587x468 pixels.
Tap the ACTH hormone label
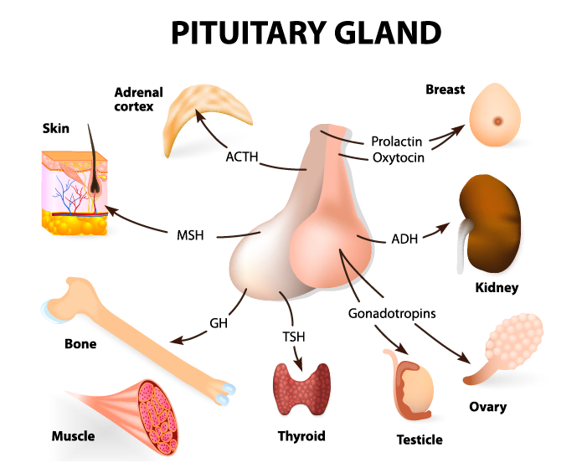(x=241, y=156)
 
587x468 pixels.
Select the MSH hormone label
(x=190, y=234)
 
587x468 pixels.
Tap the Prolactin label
(x=397, y=140)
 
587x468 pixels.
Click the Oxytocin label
(x=397, y=157)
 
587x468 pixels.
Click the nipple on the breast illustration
(x=498, y=121)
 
